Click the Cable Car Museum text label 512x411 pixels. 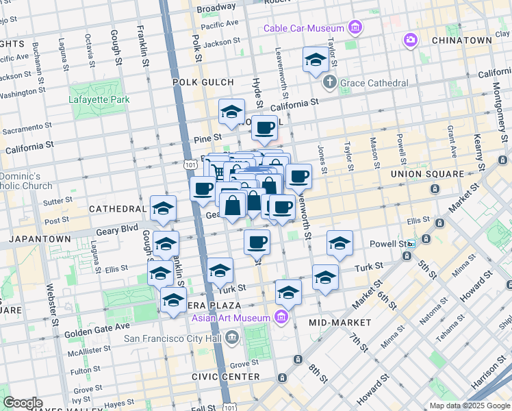click(x=305, y=28)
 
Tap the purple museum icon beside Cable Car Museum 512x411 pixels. click(x=355, y=28)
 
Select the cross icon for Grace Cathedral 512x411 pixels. click(x=329, y=83)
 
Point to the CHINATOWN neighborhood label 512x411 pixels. click(x=462, y=40)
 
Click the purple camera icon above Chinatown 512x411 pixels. click(x=410, y=40)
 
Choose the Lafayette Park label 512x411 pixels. click(x=99, y=99)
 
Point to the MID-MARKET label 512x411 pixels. click(x=340, y=322)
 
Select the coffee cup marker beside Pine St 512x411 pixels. click(x=264, y=127)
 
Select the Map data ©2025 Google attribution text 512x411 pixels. click(x=469, y=406)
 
